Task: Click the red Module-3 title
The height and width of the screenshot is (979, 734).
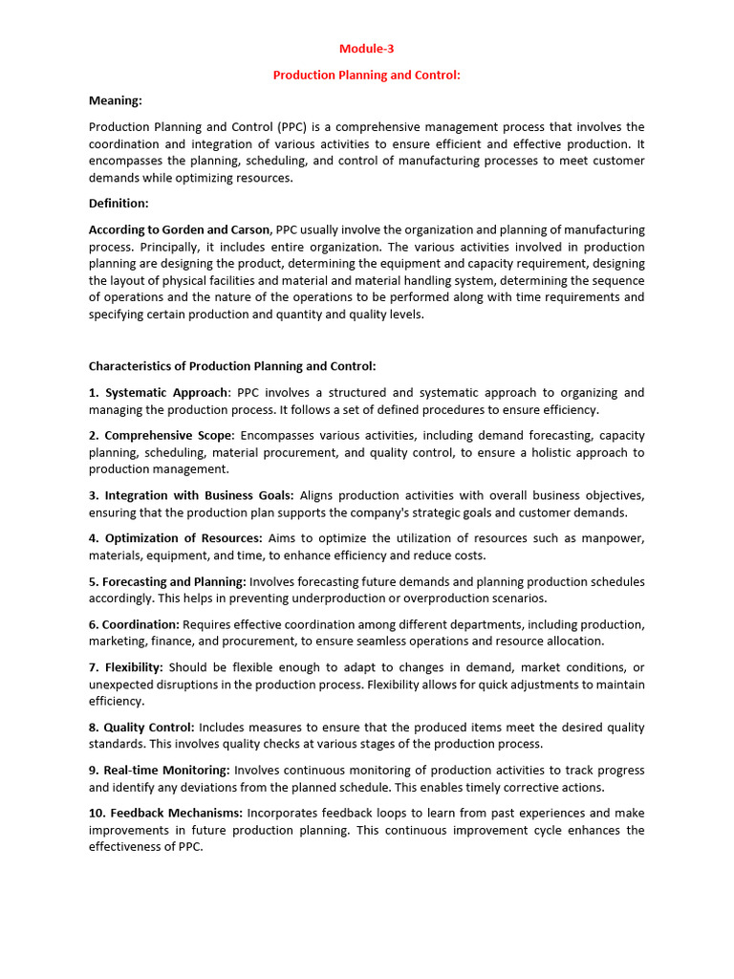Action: click(367, 50)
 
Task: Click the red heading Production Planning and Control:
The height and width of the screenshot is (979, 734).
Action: click(367, 76)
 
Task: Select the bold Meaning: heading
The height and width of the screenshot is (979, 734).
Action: click(115, 100)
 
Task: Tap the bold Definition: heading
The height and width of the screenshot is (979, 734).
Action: click(119, 204)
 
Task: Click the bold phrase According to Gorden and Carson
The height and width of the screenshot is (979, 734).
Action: click(180, 229)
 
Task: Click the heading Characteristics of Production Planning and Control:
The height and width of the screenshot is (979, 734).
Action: click(232, 366)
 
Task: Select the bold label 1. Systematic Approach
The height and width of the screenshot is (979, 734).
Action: click(159, 393)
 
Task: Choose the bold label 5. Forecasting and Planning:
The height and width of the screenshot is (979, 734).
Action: click(167, 581)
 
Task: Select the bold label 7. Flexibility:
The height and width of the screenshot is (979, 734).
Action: click(126, 667)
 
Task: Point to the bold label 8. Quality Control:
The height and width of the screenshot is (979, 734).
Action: click(141, 728)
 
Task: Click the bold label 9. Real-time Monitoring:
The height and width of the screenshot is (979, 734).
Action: click(160, 771)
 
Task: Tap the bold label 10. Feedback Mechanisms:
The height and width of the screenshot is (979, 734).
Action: click(165, 814)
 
